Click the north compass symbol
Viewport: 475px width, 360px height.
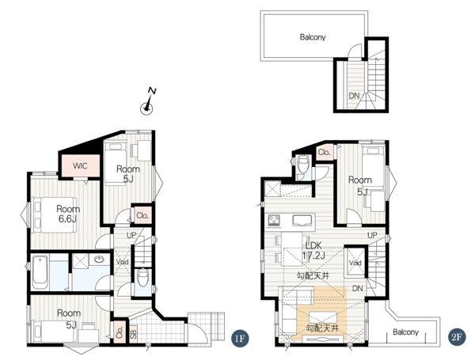[148, 103]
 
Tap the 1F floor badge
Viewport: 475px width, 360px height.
[240, 338]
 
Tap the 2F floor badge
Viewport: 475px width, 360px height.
[457, 338]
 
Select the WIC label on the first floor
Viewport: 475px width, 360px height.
[80, 166]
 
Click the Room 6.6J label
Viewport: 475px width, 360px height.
[68, 214]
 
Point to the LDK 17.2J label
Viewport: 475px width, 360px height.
[313, 250]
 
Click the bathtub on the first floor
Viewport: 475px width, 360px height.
[40, 273]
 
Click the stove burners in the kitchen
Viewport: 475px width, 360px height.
[274, 221]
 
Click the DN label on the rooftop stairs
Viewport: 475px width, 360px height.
[354, 96]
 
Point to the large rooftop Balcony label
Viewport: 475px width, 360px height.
[313, 37]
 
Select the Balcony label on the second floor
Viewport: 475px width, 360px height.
[405, 332]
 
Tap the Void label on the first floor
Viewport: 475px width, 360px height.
[123, 262]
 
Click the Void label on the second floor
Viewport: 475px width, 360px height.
[355, 263]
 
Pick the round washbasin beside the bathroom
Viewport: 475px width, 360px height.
[99, 260]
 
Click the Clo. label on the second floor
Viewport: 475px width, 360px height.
[325, 152]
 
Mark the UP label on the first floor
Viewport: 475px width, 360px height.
[131, 235]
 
